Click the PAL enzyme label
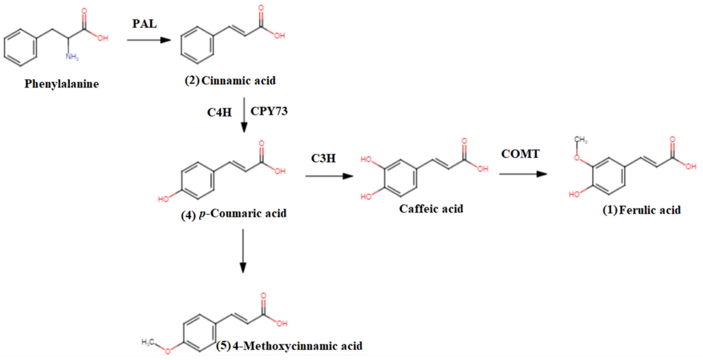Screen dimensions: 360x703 pyautogui.click(x=144, y=24)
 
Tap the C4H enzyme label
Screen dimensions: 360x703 pyautogui.click(x=219, y=112)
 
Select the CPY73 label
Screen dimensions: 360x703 pyautogui.click(x=269, y=111)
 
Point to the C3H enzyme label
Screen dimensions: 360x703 pyautogui.click(x=323, y=158)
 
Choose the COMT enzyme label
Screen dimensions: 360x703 pyautogui.click(x=520, y=154)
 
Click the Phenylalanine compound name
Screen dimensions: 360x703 pyautogui.click(x=62, y=84)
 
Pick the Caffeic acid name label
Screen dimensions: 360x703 pyautogui.click(x=431, y=209)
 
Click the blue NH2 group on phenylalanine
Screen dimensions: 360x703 pyautogui.click(x=72, y=57)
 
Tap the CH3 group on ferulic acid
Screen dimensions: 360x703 pyautogui.click(x=580, y=140)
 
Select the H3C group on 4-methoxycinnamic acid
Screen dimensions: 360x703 pyautogui.click(x=148, y=342)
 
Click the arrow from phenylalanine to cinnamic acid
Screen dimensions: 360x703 pyautogui.click(x=149, y=40)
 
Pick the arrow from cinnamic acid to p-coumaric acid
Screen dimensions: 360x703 pyautogui.click(x=244, y=115)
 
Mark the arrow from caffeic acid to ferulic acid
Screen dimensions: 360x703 pyautogui.click(x=523, y=174)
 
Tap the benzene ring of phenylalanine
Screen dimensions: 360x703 pyautogui.click(x=21, y=48)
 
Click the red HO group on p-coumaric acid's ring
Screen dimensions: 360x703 pyautogui.click(x=163, y=199)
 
